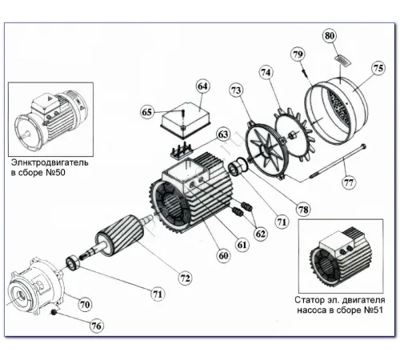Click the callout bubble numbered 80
[330, 36]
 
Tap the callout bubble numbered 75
[378, 68]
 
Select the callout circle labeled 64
[202, 86]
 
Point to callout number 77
[349, 183]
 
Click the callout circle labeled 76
[97, 326]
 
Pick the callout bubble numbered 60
[223, 256]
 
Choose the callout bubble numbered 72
[185, 278]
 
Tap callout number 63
[223, 134]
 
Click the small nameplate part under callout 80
[342, 61]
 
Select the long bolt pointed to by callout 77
[338, 162]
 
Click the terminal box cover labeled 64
[185, 119]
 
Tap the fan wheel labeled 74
[294, 135]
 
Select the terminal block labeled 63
[180, 152]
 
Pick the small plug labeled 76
[54, 312]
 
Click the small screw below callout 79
[304, 72]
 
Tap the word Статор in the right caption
[309, 300]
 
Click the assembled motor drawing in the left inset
[50, 117]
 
